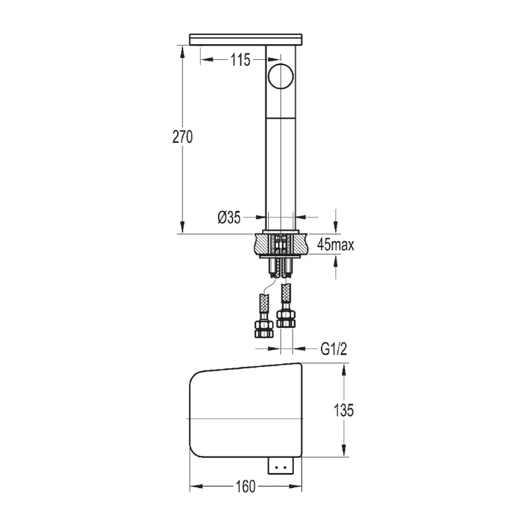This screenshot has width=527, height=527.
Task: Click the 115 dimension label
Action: pyautogui.click(x=240, y=61)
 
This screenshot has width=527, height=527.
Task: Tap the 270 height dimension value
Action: pyautogui.click(x=182, y=137)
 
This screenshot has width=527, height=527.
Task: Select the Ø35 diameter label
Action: pyautogui.click(x=229, y=215)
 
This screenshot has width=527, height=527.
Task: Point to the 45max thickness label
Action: pyautogui.click(x=335, y=246)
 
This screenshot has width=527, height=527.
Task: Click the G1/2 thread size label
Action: pyautogui.click(x=334, y=349)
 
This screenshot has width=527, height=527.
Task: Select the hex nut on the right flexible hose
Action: pyautogui.click(x=285, y=318)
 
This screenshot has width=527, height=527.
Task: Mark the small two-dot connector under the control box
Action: pyautogui.click(x=281, y=466)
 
